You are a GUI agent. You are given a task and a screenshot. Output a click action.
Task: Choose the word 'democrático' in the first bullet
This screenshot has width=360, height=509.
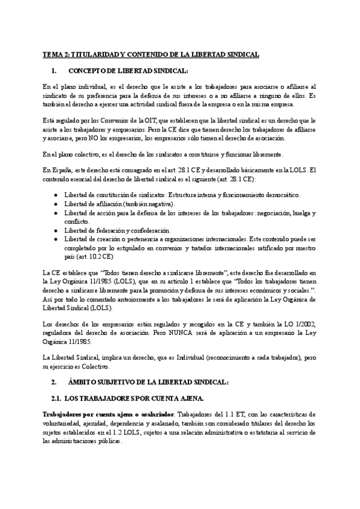(278, 196)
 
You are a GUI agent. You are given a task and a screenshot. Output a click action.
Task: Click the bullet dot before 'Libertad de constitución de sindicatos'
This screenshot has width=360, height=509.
(56, 196)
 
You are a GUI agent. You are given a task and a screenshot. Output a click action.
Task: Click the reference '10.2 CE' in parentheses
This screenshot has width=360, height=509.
(100, 256)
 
